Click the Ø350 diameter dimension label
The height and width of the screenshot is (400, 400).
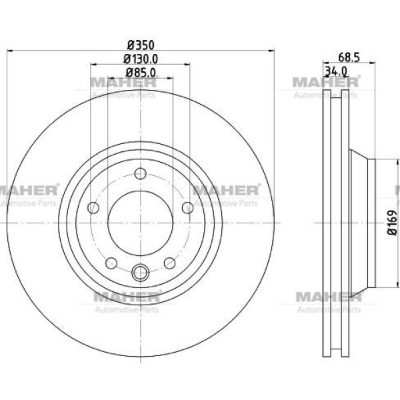[141, 45]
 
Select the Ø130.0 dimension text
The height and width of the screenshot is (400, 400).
[141, 59]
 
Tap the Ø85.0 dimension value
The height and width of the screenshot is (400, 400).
[141, 73]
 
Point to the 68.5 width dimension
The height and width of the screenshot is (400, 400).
[349, 57]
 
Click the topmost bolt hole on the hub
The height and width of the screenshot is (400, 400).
[140, 174]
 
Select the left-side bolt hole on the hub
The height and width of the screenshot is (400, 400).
[93, 207]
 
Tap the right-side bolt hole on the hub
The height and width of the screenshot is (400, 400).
[188, 207]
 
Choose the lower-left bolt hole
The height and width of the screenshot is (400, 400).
[111, 263]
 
